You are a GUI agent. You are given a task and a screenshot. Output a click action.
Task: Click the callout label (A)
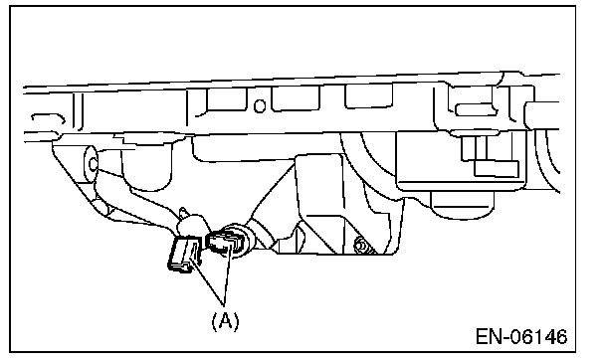pyautogui.click(x=225, y=321)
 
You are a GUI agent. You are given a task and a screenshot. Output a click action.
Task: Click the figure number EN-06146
pyautogui.click(x=521, y=336)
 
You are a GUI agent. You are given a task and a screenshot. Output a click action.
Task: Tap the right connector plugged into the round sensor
pyautogui.click(x=222, y=242)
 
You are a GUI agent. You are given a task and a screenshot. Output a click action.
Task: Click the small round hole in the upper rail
pyautogui.click(x=260, y=106)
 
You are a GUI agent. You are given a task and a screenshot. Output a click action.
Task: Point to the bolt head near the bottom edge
pyautogui.click(x=361, y=246)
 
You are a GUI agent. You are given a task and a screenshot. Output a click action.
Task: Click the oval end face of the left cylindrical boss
pyautogui.click(x=92, y=164)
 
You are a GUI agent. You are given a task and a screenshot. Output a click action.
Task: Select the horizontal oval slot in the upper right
pyautogui.click(x=476, y=109)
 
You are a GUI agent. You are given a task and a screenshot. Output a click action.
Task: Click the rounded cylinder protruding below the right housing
pyautogui.click(x=462, y=205)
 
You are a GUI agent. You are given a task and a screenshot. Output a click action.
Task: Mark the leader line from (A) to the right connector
pyautogui.click(x=228, y=273)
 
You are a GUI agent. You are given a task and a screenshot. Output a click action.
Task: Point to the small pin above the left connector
pyautogui.click(x=184, y=213)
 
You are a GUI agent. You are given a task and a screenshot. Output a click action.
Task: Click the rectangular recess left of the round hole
pyautogui.click(x=226, y=101)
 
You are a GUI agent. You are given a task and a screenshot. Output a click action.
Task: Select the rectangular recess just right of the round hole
pyautogui.click(x=296, y=99)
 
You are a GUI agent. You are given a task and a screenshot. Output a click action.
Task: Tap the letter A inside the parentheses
pyautogui.click(x=225, y=321)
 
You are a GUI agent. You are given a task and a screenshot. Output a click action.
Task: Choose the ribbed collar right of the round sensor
pyautogui.click(x=263, y=236)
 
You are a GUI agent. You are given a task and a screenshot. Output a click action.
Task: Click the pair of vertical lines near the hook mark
pyautogui.click(x=78, y=111)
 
